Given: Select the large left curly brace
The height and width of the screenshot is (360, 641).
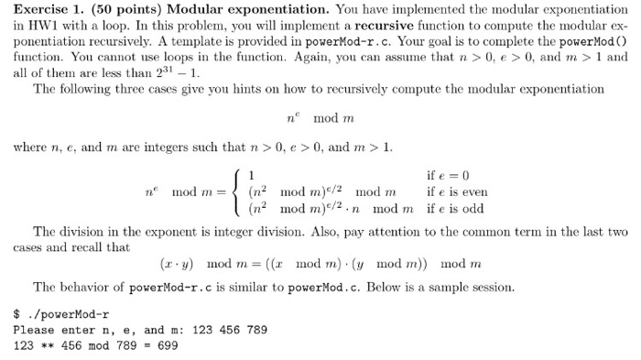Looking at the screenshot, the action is pyautogui.click(x=236, y=192).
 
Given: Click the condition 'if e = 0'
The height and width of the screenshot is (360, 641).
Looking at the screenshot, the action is pyautogui.click(x=448, y=176).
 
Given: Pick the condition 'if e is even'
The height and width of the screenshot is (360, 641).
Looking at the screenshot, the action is pyautogui.click(x=458, y=192).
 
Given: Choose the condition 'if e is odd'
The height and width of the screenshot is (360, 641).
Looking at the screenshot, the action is pyautogui.click(x=456, y=209).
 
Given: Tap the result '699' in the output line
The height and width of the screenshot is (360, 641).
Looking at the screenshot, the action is pyautogui.click(x=168, y=345).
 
